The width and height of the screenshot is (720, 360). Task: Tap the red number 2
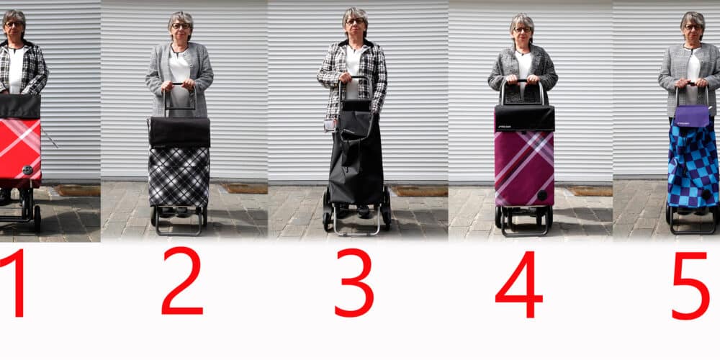click(182, 281)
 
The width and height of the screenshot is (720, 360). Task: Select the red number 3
click(354, 283)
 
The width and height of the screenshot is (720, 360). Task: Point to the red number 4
click(519, 284)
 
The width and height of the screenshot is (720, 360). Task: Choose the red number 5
click(690, 285)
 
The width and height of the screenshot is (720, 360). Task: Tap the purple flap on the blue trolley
click(691, 116)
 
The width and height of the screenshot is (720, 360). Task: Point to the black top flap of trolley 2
click(179, 132)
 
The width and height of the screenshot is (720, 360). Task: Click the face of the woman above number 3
click(354, 22)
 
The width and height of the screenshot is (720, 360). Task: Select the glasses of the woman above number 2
click(181, 26)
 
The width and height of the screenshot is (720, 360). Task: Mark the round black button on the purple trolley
click(542, 195)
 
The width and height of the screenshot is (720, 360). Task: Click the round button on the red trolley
click(27, 170)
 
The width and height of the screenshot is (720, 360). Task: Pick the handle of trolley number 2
click(180, 98)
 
